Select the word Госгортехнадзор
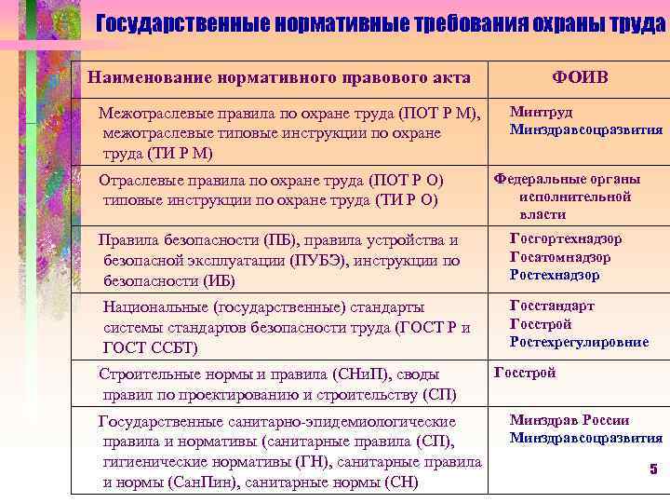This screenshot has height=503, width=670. (566, 238)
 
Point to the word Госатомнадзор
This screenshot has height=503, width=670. (560, 257)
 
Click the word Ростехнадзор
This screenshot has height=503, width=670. (555, 275)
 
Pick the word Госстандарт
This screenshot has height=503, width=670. (552, 306)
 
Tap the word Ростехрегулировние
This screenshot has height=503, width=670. (579, 343)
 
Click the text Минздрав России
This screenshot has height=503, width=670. (569, 420)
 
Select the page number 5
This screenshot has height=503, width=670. (653, 469)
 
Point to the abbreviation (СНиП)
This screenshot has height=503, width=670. (362, 374)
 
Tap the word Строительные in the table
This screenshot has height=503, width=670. (146, 374)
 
